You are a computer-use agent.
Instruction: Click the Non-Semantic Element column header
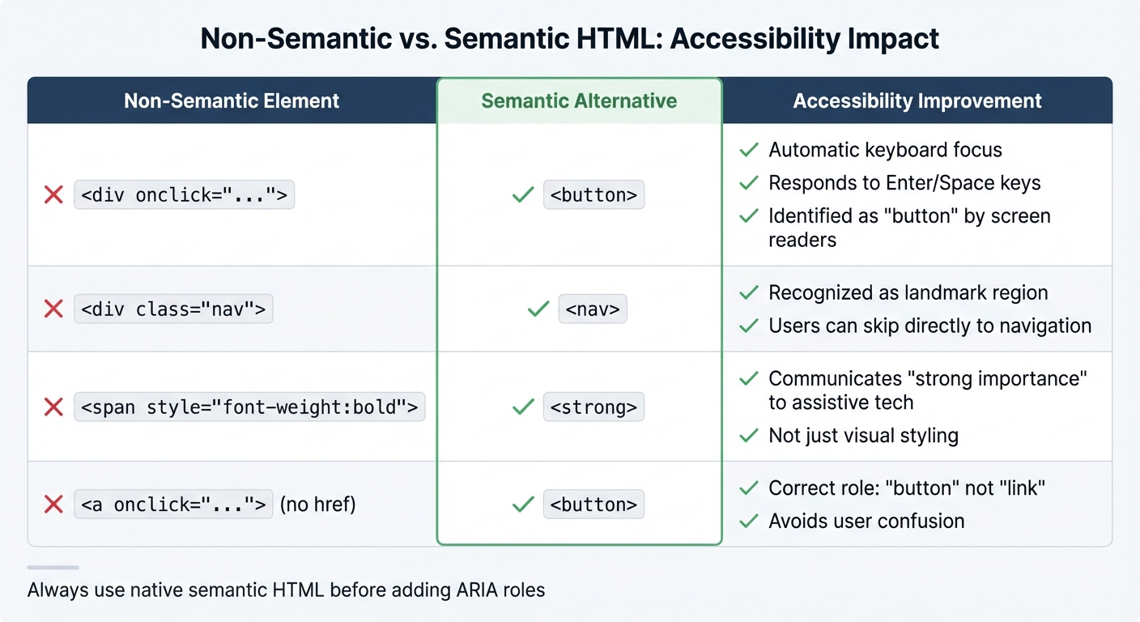tap(232, 101)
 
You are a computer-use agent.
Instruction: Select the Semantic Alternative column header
tap(579, 101)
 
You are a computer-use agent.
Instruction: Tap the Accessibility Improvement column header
tap(917, 101)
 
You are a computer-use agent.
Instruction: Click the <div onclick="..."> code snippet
tap(185, 195)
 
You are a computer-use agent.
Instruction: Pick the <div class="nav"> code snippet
tap(173, 309)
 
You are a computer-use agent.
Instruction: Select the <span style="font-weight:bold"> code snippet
tap(249, 407)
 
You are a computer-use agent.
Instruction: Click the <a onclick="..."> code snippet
tap(173, 505)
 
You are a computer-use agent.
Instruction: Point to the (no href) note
tap(318, 505)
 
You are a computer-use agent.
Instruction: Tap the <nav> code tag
tap(593, 309)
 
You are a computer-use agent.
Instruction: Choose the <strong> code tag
tap(593, 407)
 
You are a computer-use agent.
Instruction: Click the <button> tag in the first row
tap(593, 195)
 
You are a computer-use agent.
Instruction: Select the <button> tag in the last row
tap(593, 505)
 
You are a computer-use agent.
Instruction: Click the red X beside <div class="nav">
tap(53, 309)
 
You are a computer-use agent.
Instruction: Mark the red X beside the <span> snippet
tap(53, 407)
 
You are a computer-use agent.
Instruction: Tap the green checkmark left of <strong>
tap(523, 407)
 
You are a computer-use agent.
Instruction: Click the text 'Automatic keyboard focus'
tap(885, 150)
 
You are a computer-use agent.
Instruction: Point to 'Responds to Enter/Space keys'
tap(904, 183)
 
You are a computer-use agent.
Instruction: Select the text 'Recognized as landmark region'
tap(908, 292)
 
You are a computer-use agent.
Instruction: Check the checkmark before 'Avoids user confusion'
tap(749, 521)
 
